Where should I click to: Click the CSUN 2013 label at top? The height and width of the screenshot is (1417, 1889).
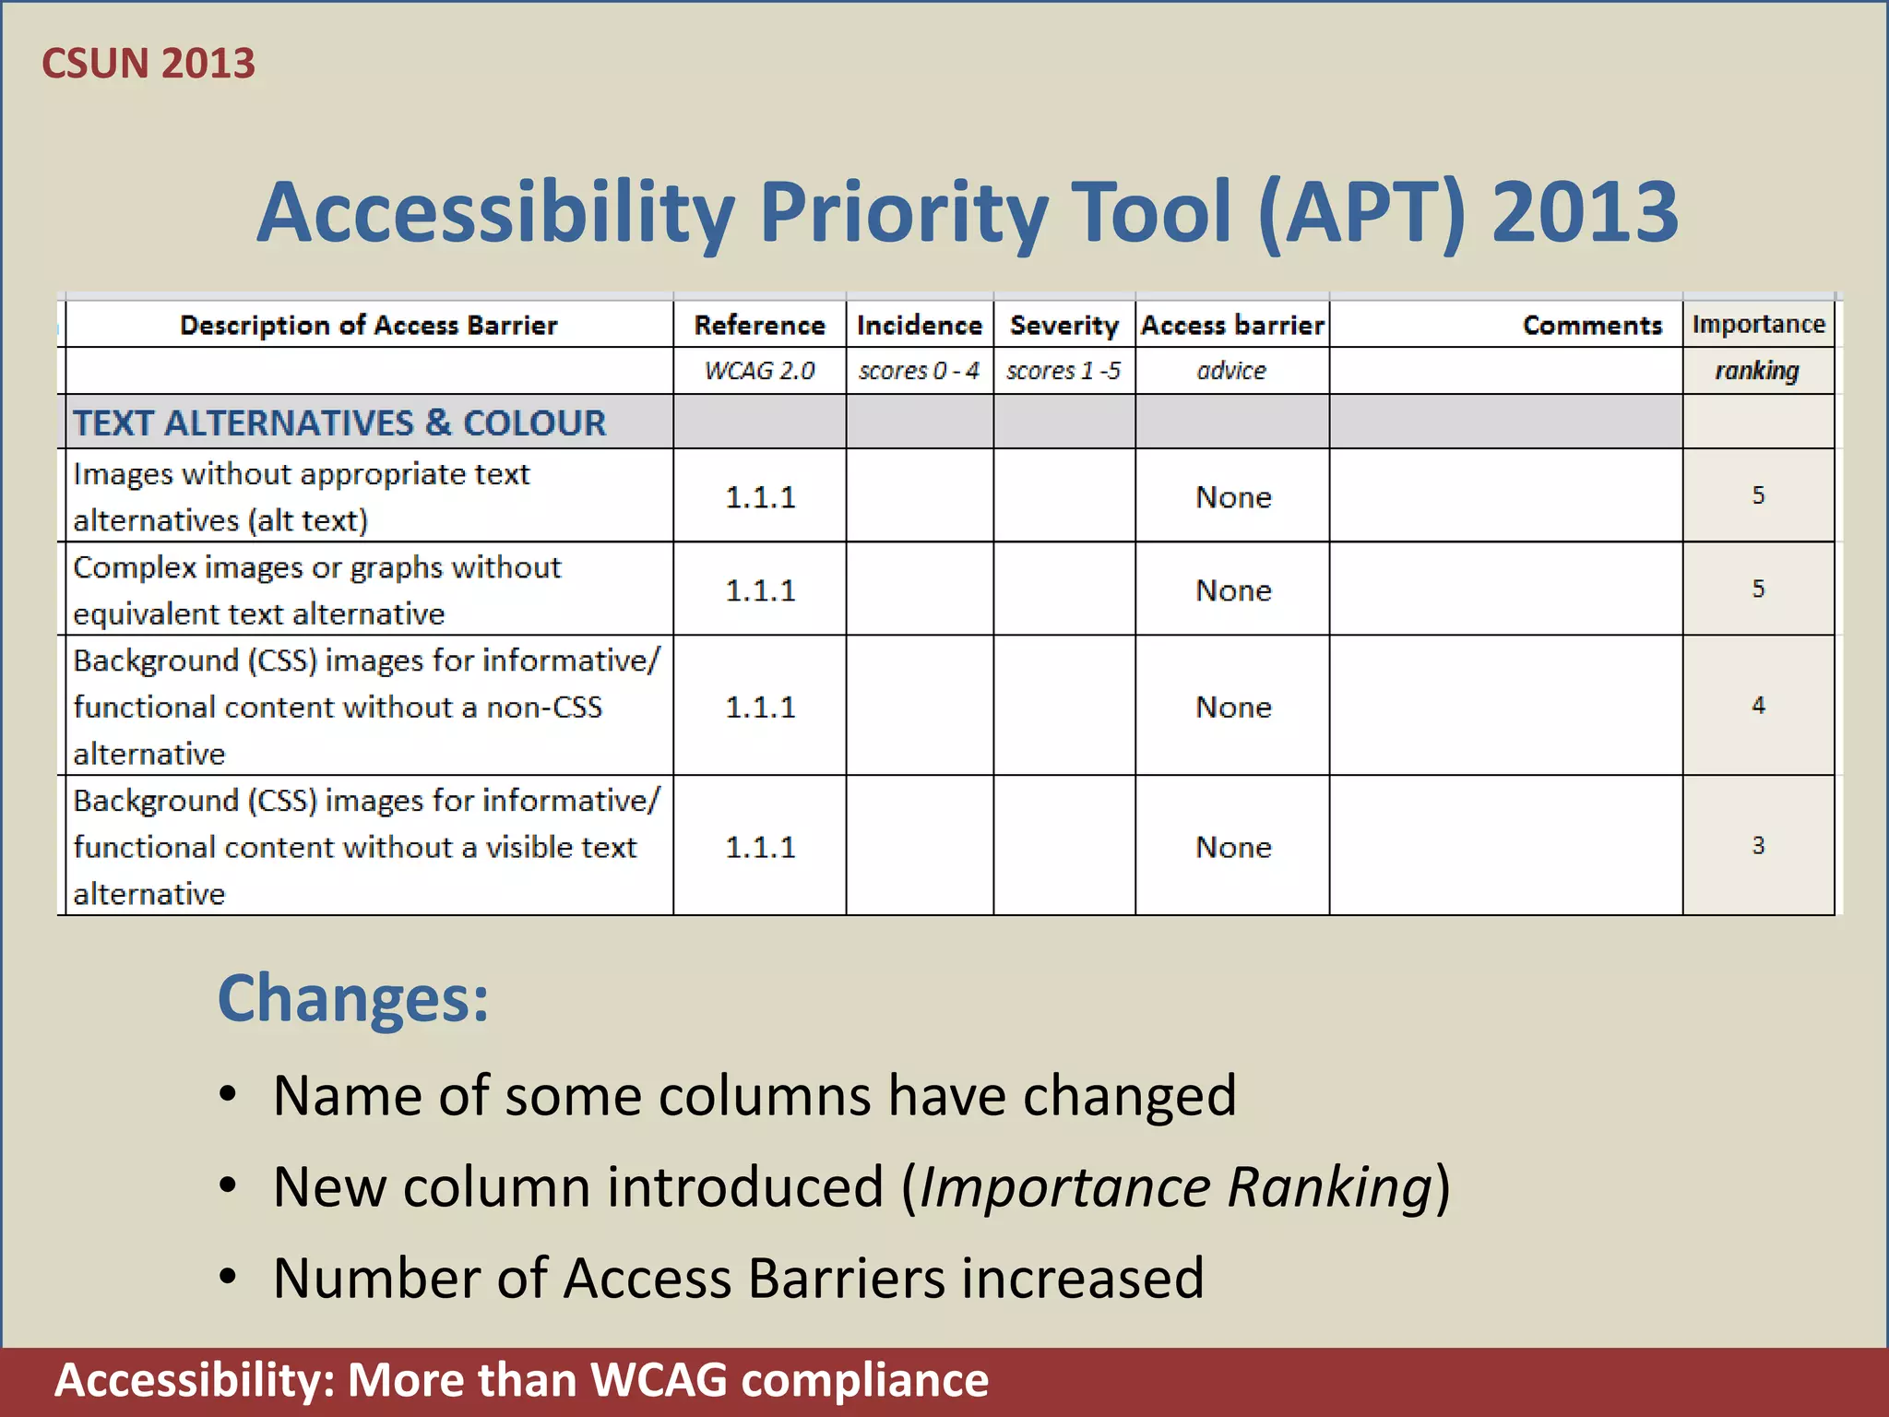(149, 64)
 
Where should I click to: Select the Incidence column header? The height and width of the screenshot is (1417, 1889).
(919, 325)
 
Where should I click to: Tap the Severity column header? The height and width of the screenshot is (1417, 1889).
(1063, 325)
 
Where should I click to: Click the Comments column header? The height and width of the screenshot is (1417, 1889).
(1591, 325)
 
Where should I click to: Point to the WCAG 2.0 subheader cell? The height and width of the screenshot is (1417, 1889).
(759, 371)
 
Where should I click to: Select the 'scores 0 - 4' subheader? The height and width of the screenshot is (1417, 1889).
(918, 371)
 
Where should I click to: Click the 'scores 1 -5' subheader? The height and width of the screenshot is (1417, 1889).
(1063, 371)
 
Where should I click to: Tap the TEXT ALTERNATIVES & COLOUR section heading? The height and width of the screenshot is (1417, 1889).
(339, 423)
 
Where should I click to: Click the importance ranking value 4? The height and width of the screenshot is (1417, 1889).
(1758, 706)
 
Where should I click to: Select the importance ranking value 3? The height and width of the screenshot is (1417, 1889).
(1758, 845)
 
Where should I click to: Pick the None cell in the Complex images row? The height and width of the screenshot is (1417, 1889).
(1233, 590)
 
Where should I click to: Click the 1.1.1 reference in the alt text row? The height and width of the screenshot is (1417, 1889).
(760, 497)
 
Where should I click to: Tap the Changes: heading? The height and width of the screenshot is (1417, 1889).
(352, 998)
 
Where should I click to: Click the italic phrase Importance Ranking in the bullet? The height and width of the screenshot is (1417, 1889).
(1176, 1187)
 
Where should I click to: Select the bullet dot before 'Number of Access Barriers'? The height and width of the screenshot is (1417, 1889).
(228, 1278)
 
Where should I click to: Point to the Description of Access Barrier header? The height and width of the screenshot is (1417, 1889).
(368, 325)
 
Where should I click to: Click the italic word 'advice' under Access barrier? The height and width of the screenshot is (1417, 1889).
(1231, 371)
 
